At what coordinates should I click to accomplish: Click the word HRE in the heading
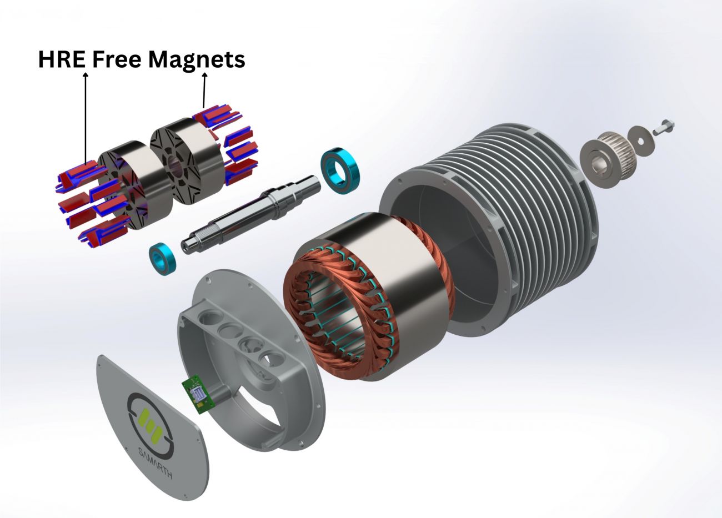[x=62, y=59]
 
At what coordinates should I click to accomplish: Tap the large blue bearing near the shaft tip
[x=340, y=171]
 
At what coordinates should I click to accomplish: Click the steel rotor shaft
[x=251, y=214]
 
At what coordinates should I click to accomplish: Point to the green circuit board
[x=197, y=395]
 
